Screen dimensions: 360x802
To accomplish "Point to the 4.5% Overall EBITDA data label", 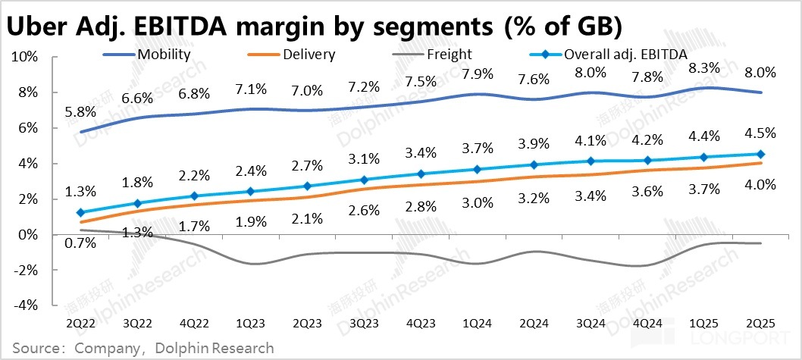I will click(x=760, y=133).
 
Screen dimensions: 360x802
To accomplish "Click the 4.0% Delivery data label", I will click(x=760, y=184).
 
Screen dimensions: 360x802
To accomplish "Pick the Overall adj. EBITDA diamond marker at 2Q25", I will click(x=760, y=155).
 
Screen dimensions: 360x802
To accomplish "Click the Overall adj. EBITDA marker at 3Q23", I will click(x=364, y=180).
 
